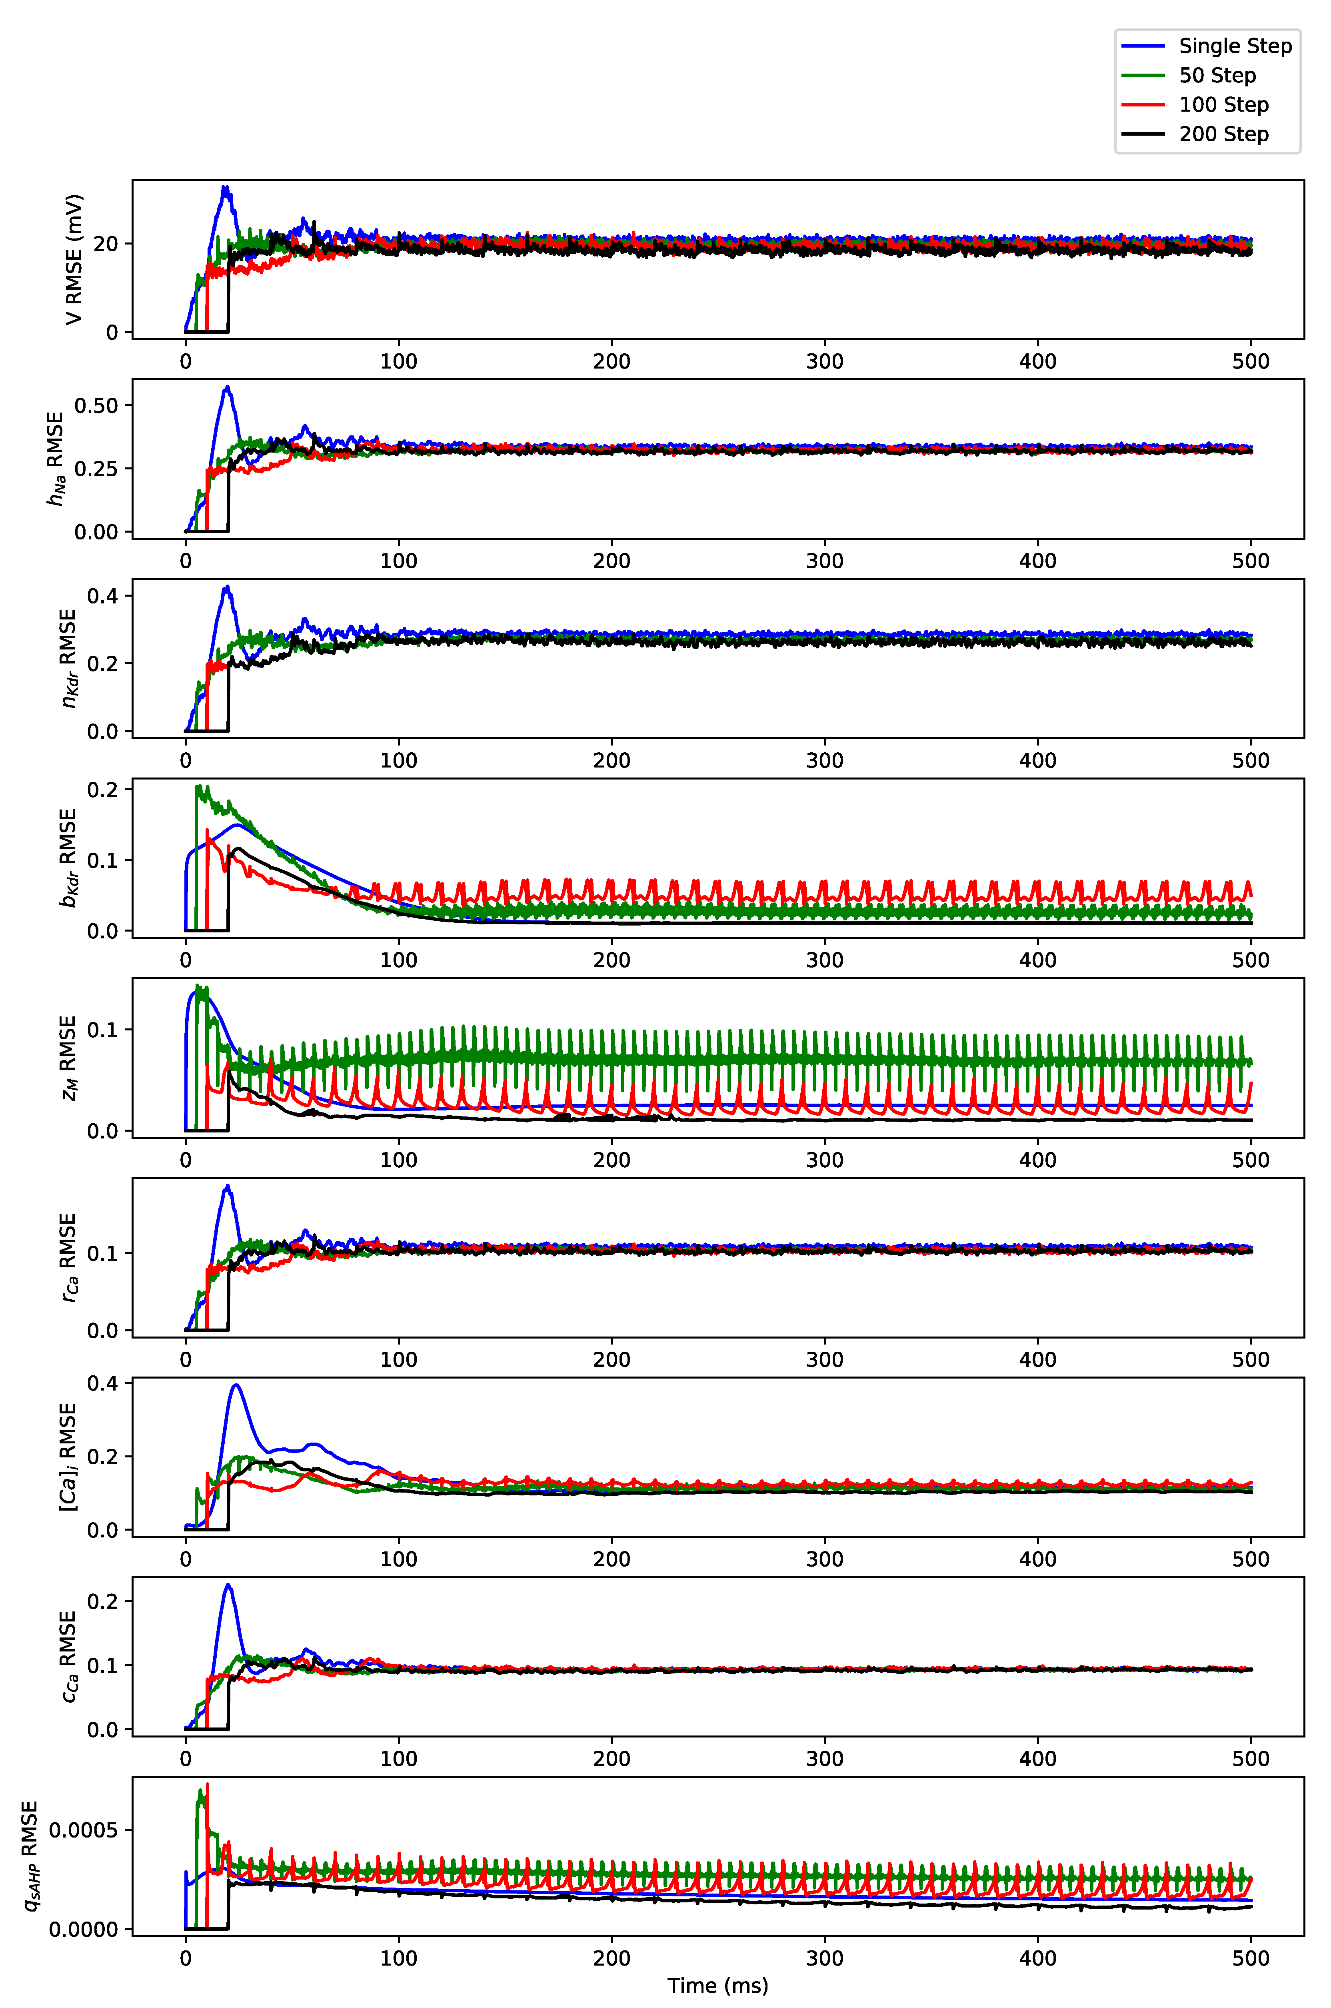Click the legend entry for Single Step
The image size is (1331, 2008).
click(x=1234, y=46)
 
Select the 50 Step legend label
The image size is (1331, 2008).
click(x=1216, y=76)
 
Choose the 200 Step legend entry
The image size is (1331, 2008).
click(x=1223, y=134)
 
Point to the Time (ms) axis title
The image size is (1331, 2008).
click(x=717, y=1985)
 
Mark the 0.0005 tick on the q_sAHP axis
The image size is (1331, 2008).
click(x=83, y=1830)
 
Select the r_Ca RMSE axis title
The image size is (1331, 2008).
click(x=68, y=1257)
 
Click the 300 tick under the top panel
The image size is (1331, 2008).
click(x=824, y=362)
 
